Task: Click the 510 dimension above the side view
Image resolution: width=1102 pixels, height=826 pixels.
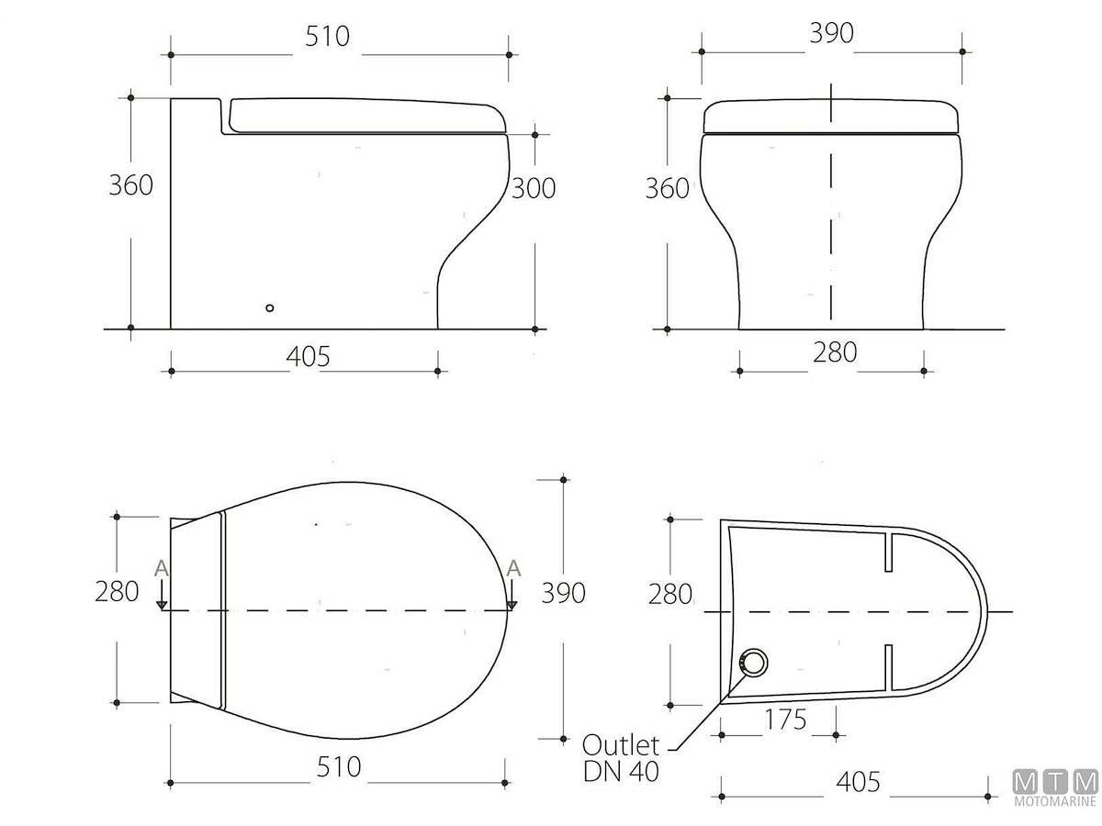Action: [x=327, y=37]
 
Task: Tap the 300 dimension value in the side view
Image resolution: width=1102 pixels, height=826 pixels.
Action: [x=534, y=188]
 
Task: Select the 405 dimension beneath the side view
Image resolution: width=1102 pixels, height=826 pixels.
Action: [x=308, y=357]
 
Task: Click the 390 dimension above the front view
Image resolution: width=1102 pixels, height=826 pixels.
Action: [x=831, y=33]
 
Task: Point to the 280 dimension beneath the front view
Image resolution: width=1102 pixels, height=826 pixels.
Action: [x=835, y=352]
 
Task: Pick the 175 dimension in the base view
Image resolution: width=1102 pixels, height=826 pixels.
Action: [x=785, y=720]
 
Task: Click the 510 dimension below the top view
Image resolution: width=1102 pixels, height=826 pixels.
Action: [x=339, y=767]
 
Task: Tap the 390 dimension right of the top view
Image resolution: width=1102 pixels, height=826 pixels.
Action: [x=563, y=593]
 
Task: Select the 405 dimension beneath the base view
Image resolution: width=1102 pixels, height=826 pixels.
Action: [x=858, y=782]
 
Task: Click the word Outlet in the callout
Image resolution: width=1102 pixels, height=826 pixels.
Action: [x=621, y=746]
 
